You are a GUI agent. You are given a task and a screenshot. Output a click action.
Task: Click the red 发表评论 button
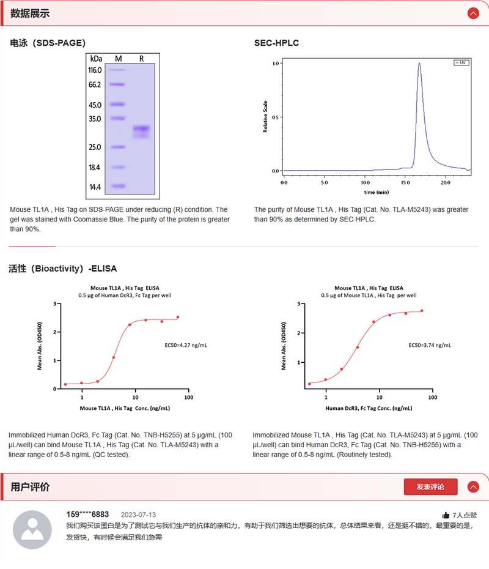coord(430,487)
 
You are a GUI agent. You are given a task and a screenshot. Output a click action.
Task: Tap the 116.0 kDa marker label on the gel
coord(95,70)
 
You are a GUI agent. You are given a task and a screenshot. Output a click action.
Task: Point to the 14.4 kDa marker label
coord(95,187)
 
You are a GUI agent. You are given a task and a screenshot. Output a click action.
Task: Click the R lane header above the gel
coord(142,58)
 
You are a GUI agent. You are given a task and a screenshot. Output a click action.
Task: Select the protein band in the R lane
coord(141,129)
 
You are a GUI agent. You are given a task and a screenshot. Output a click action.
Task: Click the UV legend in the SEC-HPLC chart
coord(461,62)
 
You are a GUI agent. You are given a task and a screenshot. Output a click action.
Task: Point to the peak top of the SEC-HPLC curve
coord(419,64)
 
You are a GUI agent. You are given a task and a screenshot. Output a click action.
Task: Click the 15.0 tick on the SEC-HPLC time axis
coord(405,182)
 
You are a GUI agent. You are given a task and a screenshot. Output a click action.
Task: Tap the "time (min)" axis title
coord(378,192)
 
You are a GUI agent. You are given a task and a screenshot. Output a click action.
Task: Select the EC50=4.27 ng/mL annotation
coord(186,345)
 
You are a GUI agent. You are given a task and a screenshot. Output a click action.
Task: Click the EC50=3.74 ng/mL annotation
coord(430,345)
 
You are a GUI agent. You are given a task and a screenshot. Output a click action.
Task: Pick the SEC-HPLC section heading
coord(276,43)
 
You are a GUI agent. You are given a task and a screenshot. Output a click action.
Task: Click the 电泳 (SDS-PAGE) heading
coord(48,43)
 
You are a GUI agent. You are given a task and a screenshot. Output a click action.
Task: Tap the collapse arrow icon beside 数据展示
coord(472,13)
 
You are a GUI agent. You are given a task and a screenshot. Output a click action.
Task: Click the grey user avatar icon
coord(32,529)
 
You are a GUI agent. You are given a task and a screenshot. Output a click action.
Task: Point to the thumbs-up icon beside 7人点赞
coord(446,515)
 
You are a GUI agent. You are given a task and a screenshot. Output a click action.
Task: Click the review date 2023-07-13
coord(138,515)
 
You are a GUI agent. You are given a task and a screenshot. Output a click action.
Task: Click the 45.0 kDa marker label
coord(95,105)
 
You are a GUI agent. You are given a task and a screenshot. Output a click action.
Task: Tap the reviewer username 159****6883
coord(87,515)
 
